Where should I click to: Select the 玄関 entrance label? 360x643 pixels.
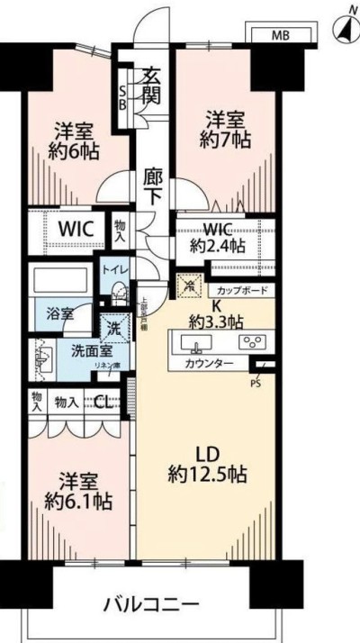point(150,84)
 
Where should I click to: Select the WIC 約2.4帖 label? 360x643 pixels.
point(217,237)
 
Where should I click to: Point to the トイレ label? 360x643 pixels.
point(114,268)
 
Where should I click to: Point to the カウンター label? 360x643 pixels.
point(208,363)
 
